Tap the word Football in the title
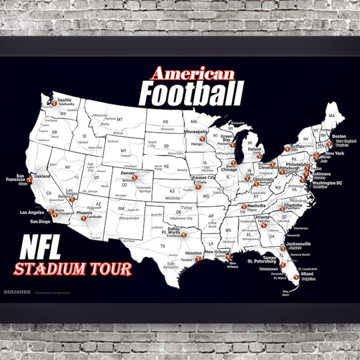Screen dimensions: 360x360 click(x=191, y=94)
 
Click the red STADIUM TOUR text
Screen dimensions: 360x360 click(x=73, y=269)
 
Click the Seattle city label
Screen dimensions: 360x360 click(x=64, y=100)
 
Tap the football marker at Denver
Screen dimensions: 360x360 click(x=134, y=178)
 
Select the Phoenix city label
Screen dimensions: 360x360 click(x=84, y=212)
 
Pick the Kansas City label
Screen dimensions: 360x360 click(x=205, y=178)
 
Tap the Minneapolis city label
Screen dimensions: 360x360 click(x=196, y=132)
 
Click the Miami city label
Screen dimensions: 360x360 click(x=307, y=274)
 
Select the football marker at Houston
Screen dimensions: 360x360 click(x=198, y=259)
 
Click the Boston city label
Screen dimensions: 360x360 click(x=339, y=136)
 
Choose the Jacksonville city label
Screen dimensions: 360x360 click(x=298, y=244)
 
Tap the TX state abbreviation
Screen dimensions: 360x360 click(x=163, y=246)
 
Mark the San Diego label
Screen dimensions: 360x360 click(x=40, y=221)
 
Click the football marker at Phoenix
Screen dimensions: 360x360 click(x=83, y=218)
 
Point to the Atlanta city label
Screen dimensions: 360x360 click(x=262, y=217)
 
